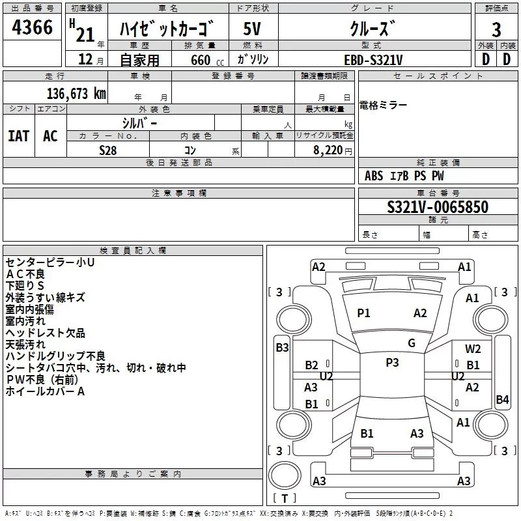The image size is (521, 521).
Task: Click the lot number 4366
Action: (32, 27)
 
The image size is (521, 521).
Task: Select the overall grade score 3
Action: (496, 30)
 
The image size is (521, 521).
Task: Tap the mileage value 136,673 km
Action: (76, 94)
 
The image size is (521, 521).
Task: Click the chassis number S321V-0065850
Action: (438, 207)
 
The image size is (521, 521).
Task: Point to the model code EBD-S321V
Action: (373, 60)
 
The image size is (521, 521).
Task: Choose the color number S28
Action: (108, 150)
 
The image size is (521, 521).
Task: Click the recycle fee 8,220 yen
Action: (333, 150)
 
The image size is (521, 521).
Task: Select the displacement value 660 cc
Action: (207, 61)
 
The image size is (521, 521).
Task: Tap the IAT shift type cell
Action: (19, 136)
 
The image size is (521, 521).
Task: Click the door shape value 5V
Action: (252, 29)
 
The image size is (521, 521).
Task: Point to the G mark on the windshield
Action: (412, 343)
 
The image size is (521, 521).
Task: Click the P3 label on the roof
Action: (392, 363)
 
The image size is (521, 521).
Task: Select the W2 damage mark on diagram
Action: (473, 348)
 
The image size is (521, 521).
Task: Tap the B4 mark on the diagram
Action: (502, 399)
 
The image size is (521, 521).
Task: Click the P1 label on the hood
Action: (363, 313)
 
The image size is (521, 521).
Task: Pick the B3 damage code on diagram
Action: (282, 348)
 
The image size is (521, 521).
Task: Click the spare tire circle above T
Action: (285, 475)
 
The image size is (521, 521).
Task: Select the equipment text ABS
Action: (374, 176)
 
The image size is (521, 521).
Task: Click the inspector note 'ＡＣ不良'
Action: (25, 274)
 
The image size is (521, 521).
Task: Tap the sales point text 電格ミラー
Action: (383, 106)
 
